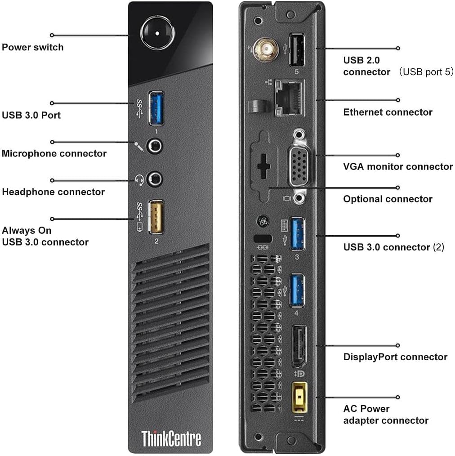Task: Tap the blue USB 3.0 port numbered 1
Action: pos(156,108)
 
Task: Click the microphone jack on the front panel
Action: pos(156,146)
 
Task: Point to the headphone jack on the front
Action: pos(156,178)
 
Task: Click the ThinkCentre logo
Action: pos(171,438)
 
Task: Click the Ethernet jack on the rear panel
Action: pos(289,97)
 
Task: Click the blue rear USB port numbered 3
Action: pos(297,235)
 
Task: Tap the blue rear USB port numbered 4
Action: pos(297,289)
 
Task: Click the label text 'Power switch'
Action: pos(33,47)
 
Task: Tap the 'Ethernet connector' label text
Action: pos(388,112)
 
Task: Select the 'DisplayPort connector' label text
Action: pos(395,357)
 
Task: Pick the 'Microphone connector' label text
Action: pos(54,153)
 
